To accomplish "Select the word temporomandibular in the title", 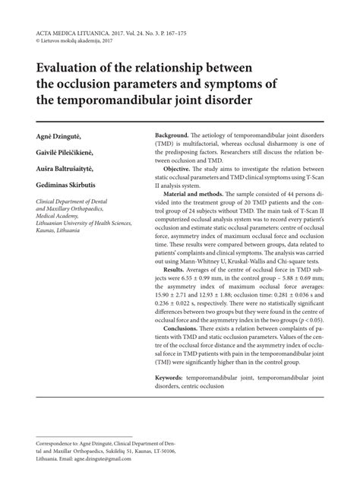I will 119,100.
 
